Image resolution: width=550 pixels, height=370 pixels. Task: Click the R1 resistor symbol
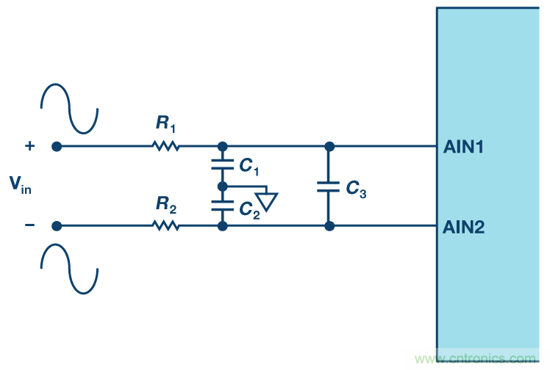point(166,146)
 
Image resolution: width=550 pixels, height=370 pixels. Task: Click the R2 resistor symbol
point(166,225)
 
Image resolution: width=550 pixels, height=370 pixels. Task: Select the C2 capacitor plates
point(223,206)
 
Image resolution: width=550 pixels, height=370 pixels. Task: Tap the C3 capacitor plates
point(329,186)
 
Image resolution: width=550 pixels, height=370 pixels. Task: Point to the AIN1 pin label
point(463,147)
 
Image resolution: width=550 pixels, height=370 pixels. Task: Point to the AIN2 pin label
point(463,227)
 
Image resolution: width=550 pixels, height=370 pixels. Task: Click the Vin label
point(20,185)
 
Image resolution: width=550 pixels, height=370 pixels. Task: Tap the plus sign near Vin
point(29,146)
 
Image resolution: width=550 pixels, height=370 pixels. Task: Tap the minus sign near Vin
point(29,225)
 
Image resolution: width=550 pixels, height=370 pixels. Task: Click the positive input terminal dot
point(56,146)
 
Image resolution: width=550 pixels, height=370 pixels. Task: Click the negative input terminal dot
point(56,225)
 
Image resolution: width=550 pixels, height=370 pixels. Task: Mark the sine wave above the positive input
point(69,106)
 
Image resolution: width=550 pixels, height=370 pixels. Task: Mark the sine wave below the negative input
point(69,266)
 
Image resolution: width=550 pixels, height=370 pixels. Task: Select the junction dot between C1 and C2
point(223,186)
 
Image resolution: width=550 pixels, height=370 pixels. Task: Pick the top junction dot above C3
point(329,146)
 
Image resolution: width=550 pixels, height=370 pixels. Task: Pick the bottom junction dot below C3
point(329,226)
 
